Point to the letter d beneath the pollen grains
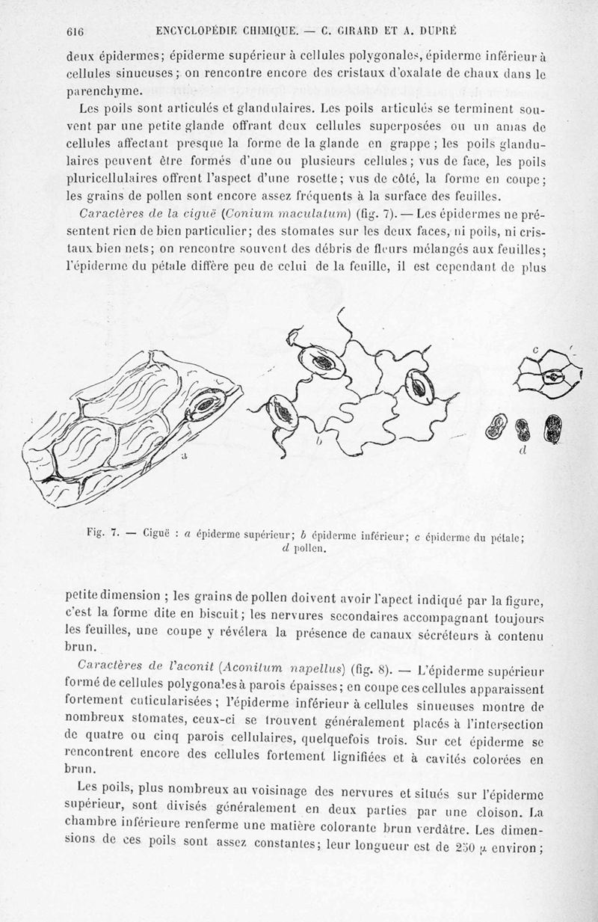point(521,452)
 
